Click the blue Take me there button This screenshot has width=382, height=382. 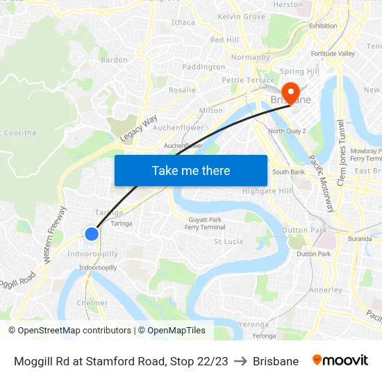click(x=191, y=170)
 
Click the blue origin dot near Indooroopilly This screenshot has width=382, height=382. click(x=91, y=234)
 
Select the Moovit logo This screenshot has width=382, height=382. click(x=340, y=360)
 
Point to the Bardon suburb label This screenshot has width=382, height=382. click(x=114, y=60)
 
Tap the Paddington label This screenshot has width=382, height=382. click(x=204, y=67)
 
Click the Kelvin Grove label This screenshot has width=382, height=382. click(x=241, y=16)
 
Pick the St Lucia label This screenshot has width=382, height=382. click(x=228, y=242)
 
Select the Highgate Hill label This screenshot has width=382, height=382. click(x=267, y=191)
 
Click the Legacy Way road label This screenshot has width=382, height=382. click(x=139, y=129)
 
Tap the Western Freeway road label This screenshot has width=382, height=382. click(x=55, y=234)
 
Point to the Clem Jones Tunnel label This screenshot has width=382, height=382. click(x=341, y=154)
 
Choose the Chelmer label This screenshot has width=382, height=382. click(x=92, y=303)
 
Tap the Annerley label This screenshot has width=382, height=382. click(x=325, y=290)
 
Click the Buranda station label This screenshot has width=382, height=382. click(x=360, y=238)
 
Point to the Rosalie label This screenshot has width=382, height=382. click(x=182, y=90)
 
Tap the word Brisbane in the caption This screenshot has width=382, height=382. click(x=276, y=361)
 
